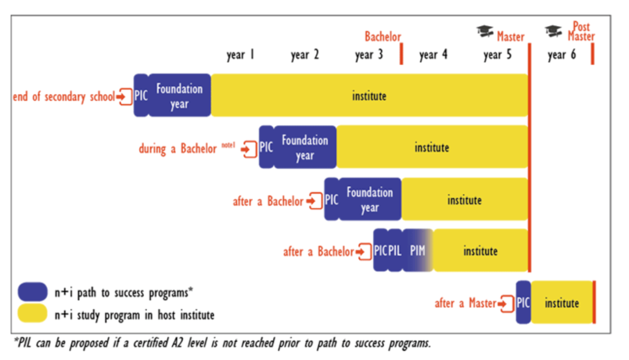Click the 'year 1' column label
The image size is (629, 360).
click(x=241, y=55)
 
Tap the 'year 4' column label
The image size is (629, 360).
click(x=433, y=55)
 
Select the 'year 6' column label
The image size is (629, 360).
click(x=561, y=55)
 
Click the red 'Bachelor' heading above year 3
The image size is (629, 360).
click(x=383, y=37)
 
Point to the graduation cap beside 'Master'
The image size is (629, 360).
click(x=485, y=31)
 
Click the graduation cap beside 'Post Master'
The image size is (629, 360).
click(x=553, y=31)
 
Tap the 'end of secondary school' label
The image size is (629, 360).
click(x=64, y=97)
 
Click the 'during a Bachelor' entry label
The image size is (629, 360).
click(x=177, y=149)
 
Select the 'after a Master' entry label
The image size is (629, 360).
click(x=465, y=303)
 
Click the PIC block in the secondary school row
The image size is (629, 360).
click(x=141, y=96)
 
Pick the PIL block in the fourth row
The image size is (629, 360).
click(x=395, y=250)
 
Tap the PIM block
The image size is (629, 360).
click(x=418, y=250)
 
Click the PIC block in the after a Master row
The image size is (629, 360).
click(x=523, y=302)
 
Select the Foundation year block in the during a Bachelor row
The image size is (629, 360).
click(x=305, y=147)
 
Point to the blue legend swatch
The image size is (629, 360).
click(x=33, y=292)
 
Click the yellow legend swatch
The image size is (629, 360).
click(x=33, y=313)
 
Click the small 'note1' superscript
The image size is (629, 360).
click(x=228, y=145)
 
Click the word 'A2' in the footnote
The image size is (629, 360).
click(x=177, y=343)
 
